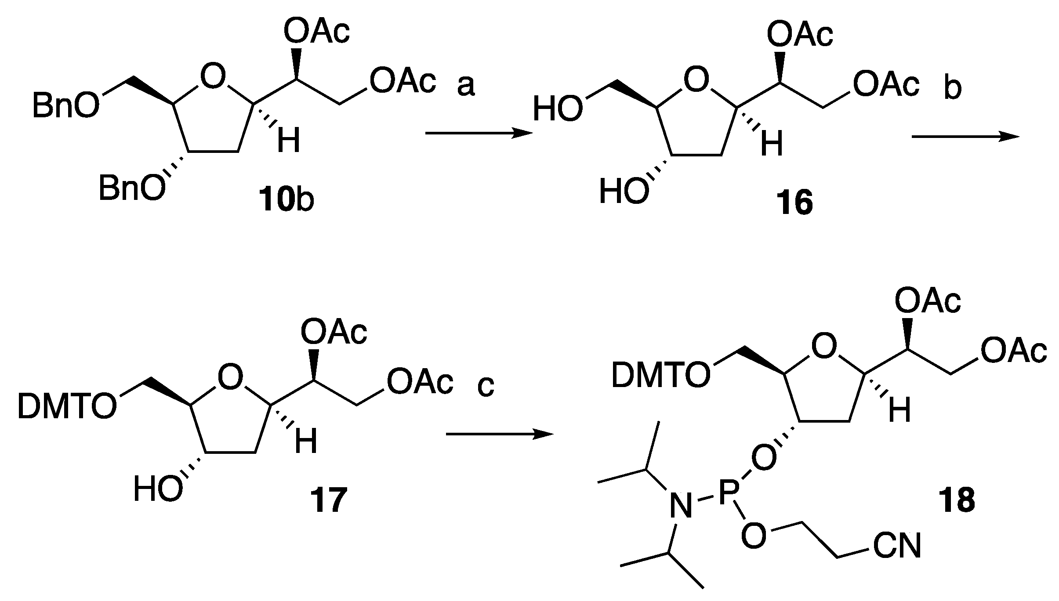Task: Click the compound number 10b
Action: click(x=287, y=199)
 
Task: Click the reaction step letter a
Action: click(x=466, y=86)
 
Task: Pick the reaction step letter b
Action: click(x=953, y=88)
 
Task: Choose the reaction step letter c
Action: click(x=486, y=387)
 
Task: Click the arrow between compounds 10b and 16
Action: click(x=479, y=134)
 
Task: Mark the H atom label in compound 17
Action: click(x=306, y=442)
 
